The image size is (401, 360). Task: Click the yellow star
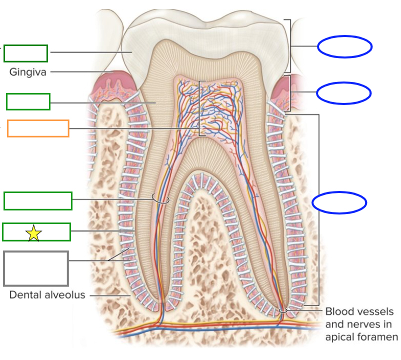click(33, 232)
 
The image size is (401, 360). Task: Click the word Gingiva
click(27, 72)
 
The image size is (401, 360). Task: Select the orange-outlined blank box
click(38, 128)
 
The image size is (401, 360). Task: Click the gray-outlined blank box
click(35, 268)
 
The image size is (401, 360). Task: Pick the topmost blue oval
click(344, 47)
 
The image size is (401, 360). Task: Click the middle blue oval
click(343, 92)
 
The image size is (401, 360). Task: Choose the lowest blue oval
click(339, 202)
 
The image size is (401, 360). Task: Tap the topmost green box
click(26, 53)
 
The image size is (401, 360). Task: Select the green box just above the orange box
click(28, 101)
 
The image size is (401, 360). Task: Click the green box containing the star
click(36, 232)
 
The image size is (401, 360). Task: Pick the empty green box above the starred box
click(38, 200)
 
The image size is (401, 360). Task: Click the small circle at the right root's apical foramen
click(283, 311)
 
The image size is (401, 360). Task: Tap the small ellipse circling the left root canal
click(161, 199)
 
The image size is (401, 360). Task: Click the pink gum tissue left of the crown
click(114, 80)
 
